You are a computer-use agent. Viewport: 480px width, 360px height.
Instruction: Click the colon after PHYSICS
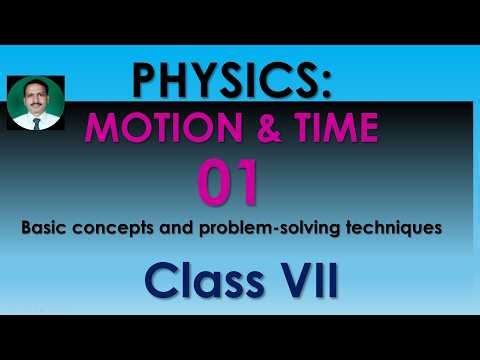coord(324,86)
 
